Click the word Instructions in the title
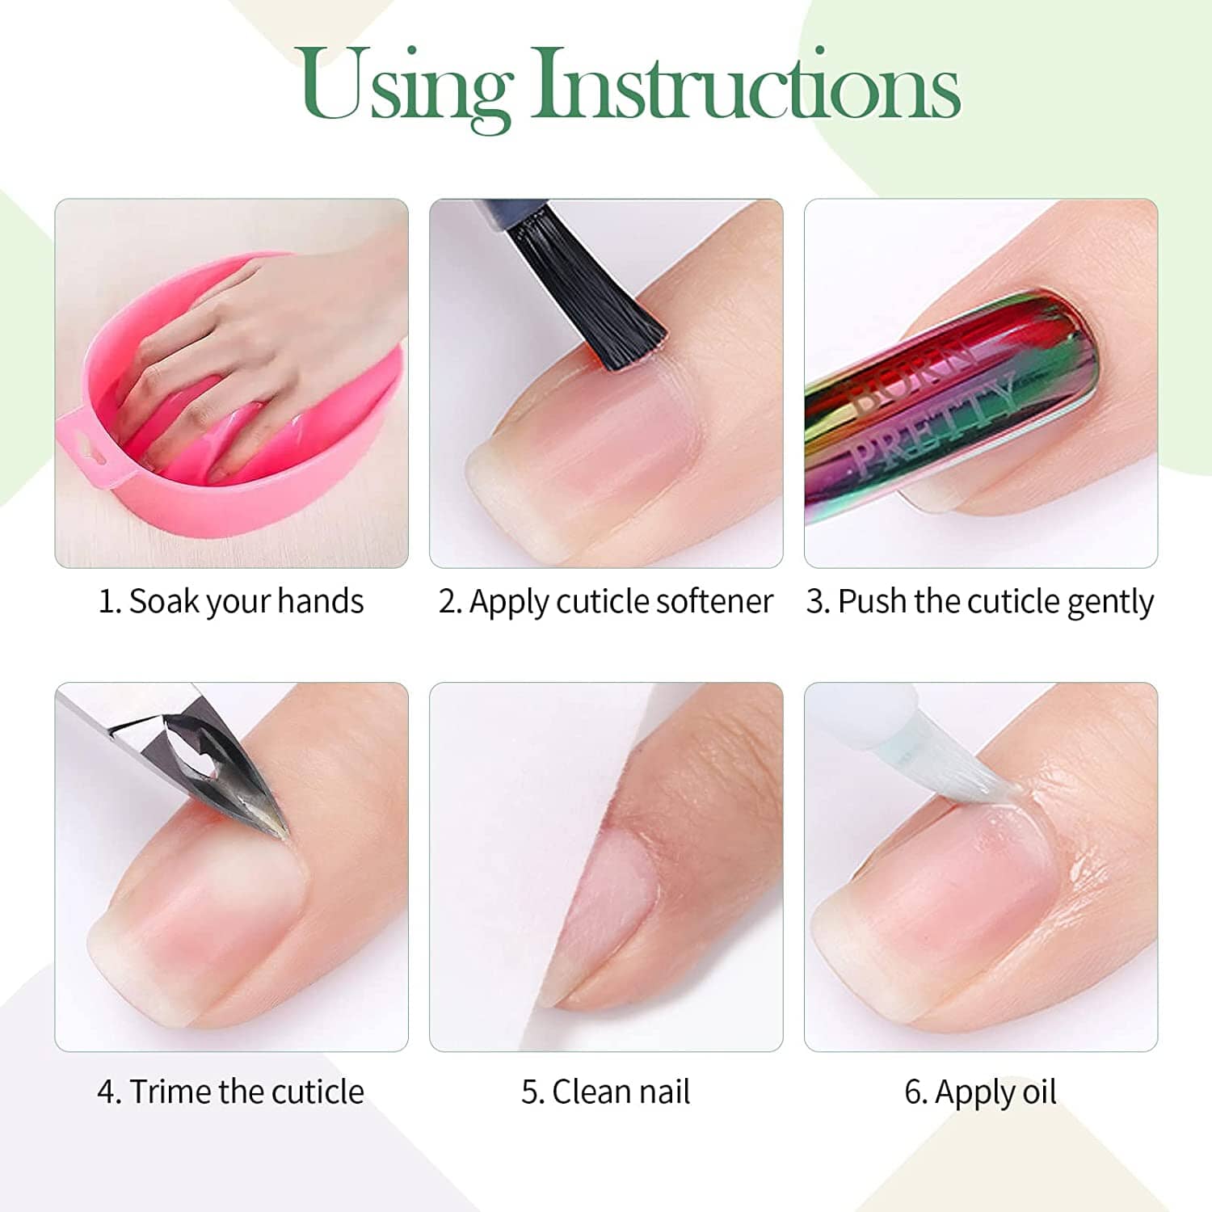(746, 83)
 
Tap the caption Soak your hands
(230, 602)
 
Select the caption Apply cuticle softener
(605, 603)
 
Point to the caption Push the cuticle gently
(980, 603)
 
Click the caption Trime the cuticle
(230, 1092)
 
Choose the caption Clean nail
(605, 1092)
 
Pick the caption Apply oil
(980, 1093)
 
